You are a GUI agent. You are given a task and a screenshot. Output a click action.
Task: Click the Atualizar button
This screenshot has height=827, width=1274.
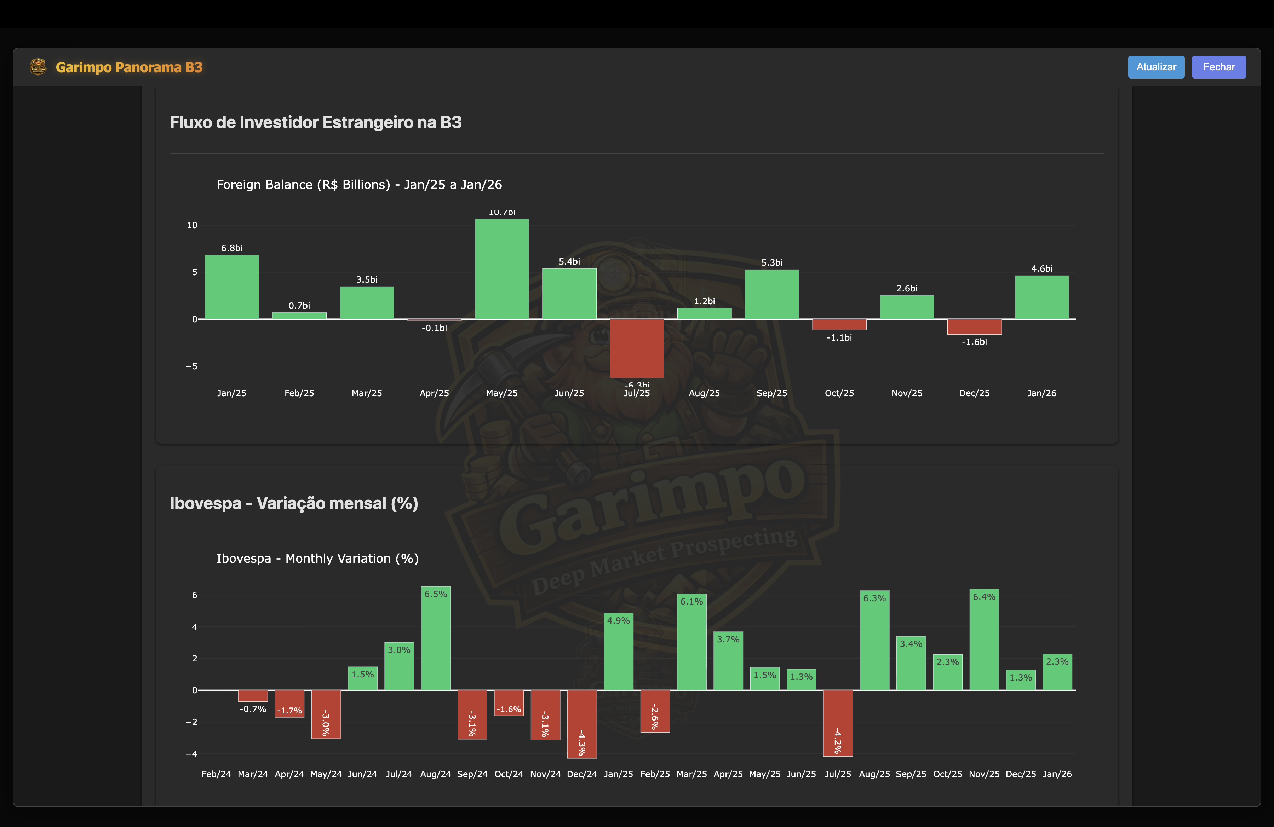click(1156, 67)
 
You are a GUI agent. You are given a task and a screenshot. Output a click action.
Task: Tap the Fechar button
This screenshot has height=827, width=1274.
click(1218, 67)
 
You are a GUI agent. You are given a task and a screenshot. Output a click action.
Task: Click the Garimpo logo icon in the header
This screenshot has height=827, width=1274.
click(38, 67)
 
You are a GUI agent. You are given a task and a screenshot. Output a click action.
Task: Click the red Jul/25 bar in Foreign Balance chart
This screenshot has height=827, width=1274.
click(636, 348)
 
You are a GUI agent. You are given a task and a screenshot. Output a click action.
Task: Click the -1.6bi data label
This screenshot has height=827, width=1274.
click(974, 342)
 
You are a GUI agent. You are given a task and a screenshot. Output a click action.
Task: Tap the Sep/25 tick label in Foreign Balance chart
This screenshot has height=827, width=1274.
click(771, 393)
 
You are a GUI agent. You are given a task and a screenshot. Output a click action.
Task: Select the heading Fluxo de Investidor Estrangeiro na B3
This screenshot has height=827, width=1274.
click(315, 122)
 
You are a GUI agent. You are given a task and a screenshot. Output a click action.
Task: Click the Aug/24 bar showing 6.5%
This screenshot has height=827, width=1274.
click(436, 638)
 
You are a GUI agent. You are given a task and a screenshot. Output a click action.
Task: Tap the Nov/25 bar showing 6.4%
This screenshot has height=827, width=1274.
click(984, 640)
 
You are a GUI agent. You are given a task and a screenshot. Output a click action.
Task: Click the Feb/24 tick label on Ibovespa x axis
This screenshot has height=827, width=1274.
click(216, 774)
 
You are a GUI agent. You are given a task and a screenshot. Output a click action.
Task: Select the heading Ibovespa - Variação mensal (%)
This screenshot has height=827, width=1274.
click(294, 503)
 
